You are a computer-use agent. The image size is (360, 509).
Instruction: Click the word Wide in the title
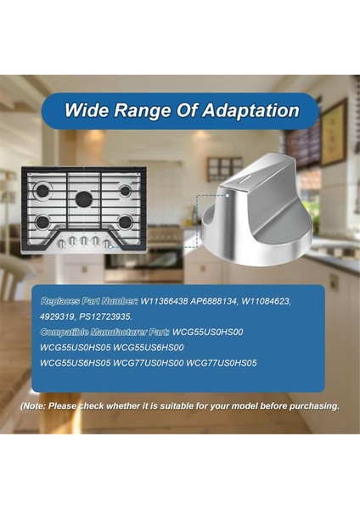pyautogui.click(x=88, y=110)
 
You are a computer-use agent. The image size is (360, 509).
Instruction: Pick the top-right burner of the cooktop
pyautogui.click(x=126, y=191)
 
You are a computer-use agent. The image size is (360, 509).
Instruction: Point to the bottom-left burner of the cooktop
pyautogui.click(x=43, y=223)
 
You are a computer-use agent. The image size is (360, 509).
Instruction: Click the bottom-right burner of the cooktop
pyautogui.click(x=125, y=222)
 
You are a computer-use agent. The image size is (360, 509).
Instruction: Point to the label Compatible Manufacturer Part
pyautogui.click(x=104, y=332)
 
